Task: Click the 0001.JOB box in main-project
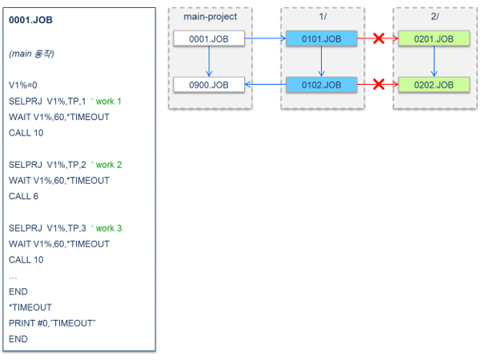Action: (x=209, y=38)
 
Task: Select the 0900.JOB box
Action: (x=209, y=85)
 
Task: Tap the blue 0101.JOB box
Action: (x=322, y=38)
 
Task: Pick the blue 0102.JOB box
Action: (x=322, y=85)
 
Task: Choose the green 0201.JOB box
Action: (x=434, y=38)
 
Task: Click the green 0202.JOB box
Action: (x=434, y=85)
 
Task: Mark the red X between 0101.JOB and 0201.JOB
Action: (x=379, y=38)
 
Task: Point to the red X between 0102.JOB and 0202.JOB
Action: (x=379, y=84)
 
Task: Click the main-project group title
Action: (x=210, y=17)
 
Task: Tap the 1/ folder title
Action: (x=323, y=16)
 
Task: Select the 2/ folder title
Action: (x=435, y=16)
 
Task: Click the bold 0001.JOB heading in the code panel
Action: (x=30, y=20)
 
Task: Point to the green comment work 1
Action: (x=109, y=102)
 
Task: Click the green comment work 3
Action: (x=109, y=228)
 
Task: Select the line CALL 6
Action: (x=23, y=196)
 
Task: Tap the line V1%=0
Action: (x=23, y=85)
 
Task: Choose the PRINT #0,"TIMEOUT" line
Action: (x=52, y=323)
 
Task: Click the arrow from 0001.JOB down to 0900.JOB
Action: (x=209, y=62)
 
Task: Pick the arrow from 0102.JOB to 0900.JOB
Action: (x=266, y=84)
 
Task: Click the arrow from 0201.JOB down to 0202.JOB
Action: (x=434, y=62)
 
